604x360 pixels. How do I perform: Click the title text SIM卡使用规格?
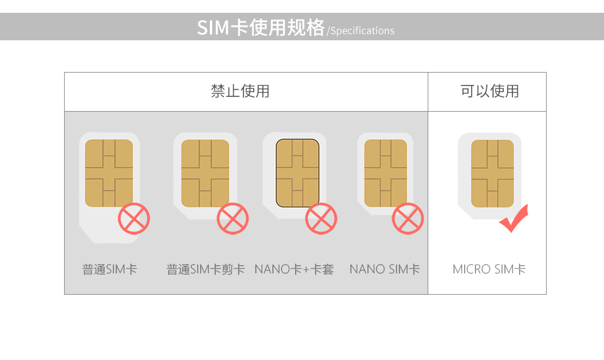261,27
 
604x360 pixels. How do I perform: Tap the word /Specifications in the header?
361,31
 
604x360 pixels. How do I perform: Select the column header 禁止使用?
240,92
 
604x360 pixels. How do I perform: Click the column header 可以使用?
489,92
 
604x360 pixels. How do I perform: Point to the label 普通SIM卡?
110,269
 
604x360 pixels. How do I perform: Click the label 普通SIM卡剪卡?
206,269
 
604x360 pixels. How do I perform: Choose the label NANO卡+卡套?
294,269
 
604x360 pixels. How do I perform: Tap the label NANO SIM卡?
384,269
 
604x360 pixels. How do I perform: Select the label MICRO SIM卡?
489,269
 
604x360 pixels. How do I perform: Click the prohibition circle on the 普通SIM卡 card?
134,218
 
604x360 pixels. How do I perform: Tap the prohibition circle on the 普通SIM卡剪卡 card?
232,218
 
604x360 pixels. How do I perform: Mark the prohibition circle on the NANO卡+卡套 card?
321,218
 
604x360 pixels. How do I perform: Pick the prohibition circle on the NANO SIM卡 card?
408,218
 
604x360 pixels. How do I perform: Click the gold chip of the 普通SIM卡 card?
109,173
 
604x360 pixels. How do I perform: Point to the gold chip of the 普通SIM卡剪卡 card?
205,173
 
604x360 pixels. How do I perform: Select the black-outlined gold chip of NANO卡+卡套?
297,173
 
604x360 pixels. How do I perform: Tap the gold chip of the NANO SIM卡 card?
386,173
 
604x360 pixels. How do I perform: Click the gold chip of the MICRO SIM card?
492,173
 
